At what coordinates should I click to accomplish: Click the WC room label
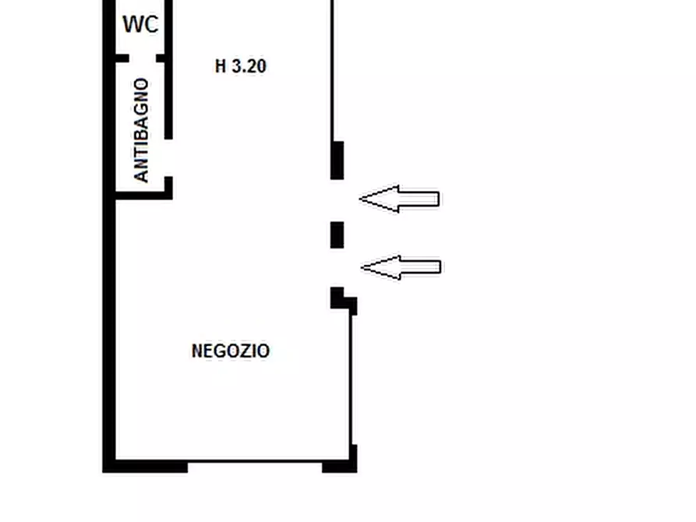(140, 24)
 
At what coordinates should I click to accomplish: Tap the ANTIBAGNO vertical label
(141, 130)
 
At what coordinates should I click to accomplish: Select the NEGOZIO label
(231, 351)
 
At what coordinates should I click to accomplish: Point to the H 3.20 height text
(240, 66)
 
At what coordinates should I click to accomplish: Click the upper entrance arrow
(399, 199)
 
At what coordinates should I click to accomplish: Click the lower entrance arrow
(401, 268)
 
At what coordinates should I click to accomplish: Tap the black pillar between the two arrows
(337, 235)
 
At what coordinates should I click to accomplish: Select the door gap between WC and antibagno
(143, 58)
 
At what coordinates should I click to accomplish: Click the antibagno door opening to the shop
(168, 157)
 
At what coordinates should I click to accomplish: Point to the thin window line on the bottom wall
(255, 462)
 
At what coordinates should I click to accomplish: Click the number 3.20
(249, 66)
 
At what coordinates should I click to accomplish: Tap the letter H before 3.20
(221, 66)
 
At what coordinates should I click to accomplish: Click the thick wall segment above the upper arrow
(337, 160)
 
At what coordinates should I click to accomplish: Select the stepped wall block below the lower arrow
(343, 300)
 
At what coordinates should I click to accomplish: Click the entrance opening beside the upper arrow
(337, 201)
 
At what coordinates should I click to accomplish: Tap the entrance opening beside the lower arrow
(337, 268)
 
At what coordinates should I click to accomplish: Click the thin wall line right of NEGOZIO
(352, 380)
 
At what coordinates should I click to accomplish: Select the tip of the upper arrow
(360, 199)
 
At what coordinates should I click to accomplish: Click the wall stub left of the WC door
(122, 58)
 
